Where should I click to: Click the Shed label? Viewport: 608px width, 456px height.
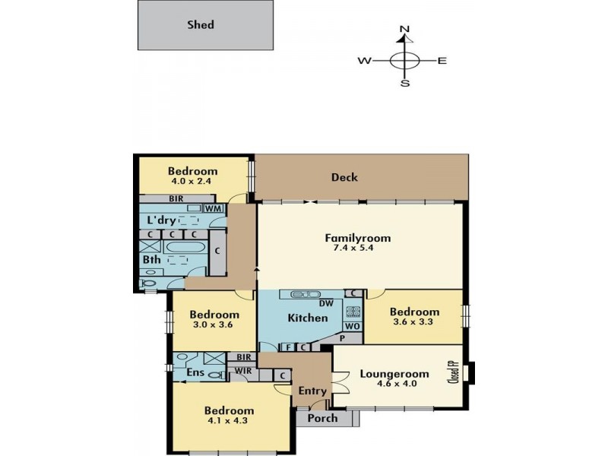pyautogui.click(x=201, y=25)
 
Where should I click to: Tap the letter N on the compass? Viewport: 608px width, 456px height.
pyautogui.click(x=404, y=29)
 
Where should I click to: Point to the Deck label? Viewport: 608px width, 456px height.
pyautogui.click(x=344, y=178)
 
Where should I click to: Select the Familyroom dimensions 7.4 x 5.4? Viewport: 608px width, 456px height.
pyautogui.click(x=353, y=248)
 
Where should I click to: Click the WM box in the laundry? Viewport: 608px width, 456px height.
pyautogui.click(x=214, y=208)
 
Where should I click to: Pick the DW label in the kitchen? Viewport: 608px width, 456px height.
pyautogui.click(x=326, y=303)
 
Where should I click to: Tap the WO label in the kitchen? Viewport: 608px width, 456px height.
pyautogui.click(x=352, y=326)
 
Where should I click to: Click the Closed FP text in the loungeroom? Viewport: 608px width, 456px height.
pyautogui.click(x=453, y=372)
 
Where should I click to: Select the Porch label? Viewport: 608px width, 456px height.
pyautogui.click(x=322, y=418)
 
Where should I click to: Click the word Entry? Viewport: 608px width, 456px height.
pyautogui.click(x=312, y=391)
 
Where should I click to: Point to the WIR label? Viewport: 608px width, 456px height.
pyautogui.click(x=243, y=371)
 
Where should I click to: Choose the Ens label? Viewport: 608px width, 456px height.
pyautogui.click(x=195, y=372)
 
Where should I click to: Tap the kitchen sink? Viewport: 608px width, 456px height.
pyautogui.click(x=306, y=294)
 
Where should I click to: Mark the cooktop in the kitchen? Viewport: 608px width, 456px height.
pyautogui.click(x=353, y=311)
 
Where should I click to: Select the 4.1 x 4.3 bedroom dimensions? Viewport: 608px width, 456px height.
pyautogui.click(x=227, y=420)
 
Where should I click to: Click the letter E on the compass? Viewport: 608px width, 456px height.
pyautogui.click(x=442, y=61)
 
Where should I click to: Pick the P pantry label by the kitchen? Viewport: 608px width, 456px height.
pyautogui.click(x=343, y=338)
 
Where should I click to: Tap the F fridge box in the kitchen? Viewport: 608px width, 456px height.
pyautogui.click(x=289, y=347)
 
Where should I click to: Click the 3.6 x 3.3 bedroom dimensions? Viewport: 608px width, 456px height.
pyautogui.click(x=413, y=321)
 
